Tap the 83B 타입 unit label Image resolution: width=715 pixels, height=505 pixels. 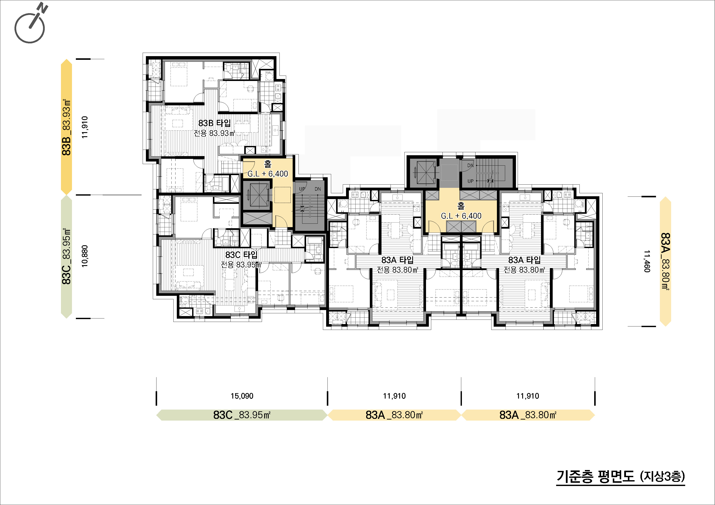[215, 123]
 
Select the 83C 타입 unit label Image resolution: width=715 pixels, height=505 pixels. [241, 255]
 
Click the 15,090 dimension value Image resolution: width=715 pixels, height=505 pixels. [242, 396]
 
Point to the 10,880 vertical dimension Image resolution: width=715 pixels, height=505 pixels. [85, 256]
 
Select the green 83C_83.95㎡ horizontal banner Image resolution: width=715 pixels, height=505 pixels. [242, 415]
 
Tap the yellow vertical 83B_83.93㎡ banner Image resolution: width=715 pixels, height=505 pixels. [67, 127]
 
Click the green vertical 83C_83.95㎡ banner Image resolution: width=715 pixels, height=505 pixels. [67, 257]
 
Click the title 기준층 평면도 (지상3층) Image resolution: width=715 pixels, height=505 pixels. [621, 476]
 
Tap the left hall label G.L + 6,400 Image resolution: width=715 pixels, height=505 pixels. [268, 174]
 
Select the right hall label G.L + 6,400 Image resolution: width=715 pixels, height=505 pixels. [461, 216]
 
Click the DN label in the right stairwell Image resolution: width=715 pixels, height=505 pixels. [470, 166]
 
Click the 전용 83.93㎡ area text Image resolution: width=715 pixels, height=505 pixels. [214, 133]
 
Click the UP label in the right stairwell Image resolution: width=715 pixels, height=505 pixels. [470, 181]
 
